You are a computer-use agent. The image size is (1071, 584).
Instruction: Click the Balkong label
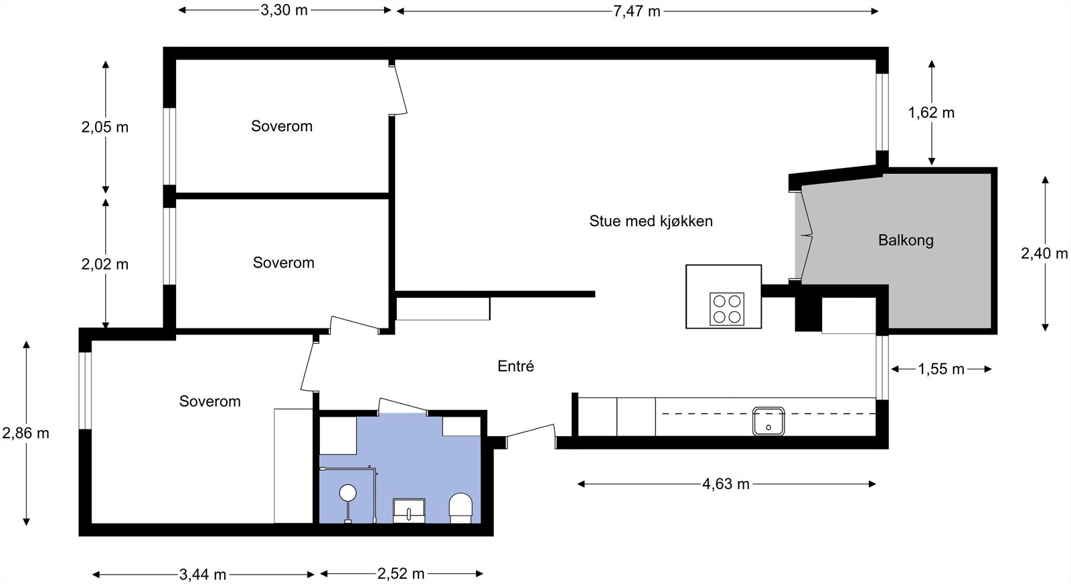(x=906, y=240)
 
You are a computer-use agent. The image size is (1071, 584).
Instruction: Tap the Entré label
(x=515, y=366)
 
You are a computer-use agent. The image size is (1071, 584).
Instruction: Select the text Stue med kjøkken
(x=651, y=221)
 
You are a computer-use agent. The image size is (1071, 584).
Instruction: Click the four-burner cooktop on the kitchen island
(x=726, y=309)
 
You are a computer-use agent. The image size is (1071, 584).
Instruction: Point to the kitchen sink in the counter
(x=768, y=421)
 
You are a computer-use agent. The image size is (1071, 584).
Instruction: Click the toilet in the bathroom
(x=461, y=508)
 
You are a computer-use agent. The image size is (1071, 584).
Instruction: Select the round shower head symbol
(x=347, y=494)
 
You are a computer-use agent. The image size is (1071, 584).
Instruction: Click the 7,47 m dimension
(x=637, y=11)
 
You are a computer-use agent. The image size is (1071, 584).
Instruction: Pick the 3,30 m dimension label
(x=284, y=10)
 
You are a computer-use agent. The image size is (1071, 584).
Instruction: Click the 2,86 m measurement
(x=25, y=433)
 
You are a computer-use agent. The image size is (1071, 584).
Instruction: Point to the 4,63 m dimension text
(x=726, y=484)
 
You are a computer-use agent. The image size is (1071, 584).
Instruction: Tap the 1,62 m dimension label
(x=931, y=112)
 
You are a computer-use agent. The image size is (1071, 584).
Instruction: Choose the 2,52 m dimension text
(x=401, y=573)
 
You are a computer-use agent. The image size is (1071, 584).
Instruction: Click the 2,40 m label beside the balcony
(x=1044, y=254)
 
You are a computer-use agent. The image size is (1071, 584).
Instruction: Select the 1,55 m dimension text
(x=940, y=369)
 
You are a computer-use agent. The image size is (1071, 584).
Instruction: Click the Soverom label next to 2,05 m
(x=282, y=126)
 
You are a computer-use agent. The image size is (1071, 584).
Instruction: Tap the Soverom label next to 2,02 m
(x=283, y=262)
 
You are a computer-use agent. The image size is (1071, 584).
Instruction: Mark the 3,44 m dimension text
(x=203, y=574)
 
